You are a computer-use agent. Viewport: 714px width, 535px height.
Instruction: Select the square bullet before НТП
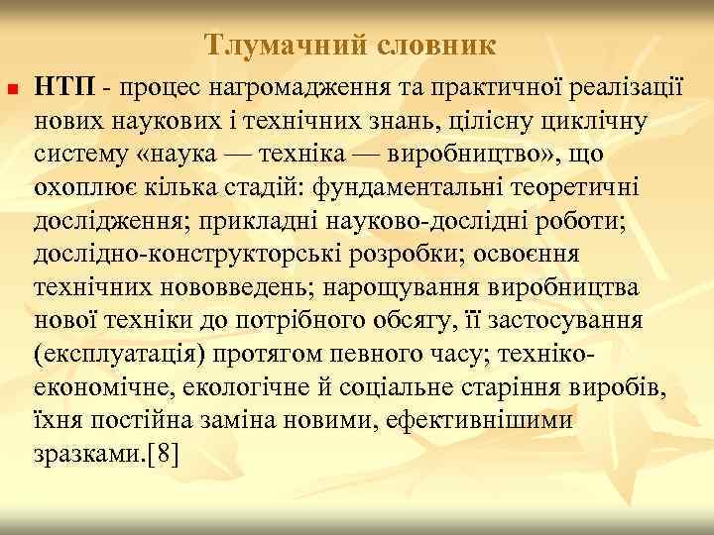pos(11,92)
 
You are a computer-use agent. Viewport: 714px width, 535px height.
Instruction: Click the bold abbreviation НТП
pos(63,89)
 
